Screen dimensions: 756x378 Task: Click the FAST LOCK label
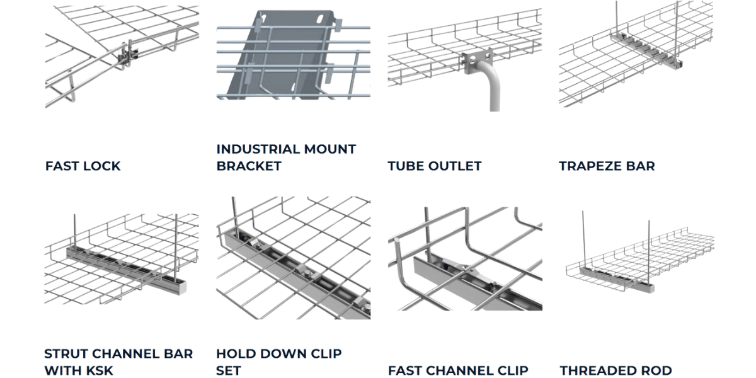coord(83,166)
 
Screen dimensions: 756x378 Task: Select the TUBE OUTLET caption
coord(434,166)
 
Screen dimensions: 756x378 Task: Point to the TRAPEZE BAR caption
coord(607,166)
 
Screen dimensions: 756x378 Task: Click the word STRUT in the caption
coord(66,353)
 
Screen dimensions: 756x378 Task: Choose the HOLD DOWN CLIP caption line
coord(278,353)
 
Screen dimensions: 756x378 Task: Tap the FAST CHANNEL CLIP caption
coord(458,370)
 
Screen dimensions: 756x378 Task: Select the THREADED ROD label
coord(616,370)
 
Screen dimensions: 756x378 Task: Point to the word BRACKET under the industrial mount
coord(249,166)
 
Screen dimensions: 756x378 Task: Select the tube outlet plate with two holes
coord(476,62)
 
